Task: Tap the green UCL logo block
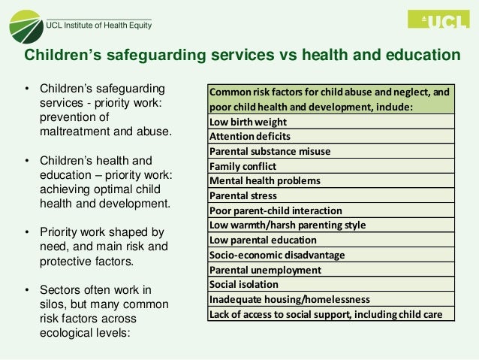tap(436, 22)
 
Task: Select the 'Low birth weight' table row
tap(330, 122)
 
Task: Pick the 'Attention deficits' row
tap(330, 137)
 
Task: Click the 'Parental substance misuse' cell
tap(330, 151)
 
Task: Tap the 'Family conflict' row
tap(330, 166)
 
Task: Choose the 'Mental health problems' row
tap(330, 181)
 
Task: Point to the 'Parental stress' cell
tap(330, 195)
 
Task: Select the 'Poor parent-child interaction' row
tap(330, 210)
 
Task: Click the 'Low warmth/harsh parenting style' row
tap(330, 225)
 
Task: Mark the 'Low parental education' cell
tap(330, 240)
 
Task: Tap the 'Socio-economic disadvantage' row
tap(330, 255)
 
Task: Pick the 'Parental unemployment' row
tap(330, 270)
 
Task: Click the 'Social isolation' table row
tap(330, 284)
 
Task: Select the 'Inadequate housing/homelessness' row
tap(330, 299)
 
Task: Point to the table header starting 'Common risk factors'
tap(330, 100)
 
